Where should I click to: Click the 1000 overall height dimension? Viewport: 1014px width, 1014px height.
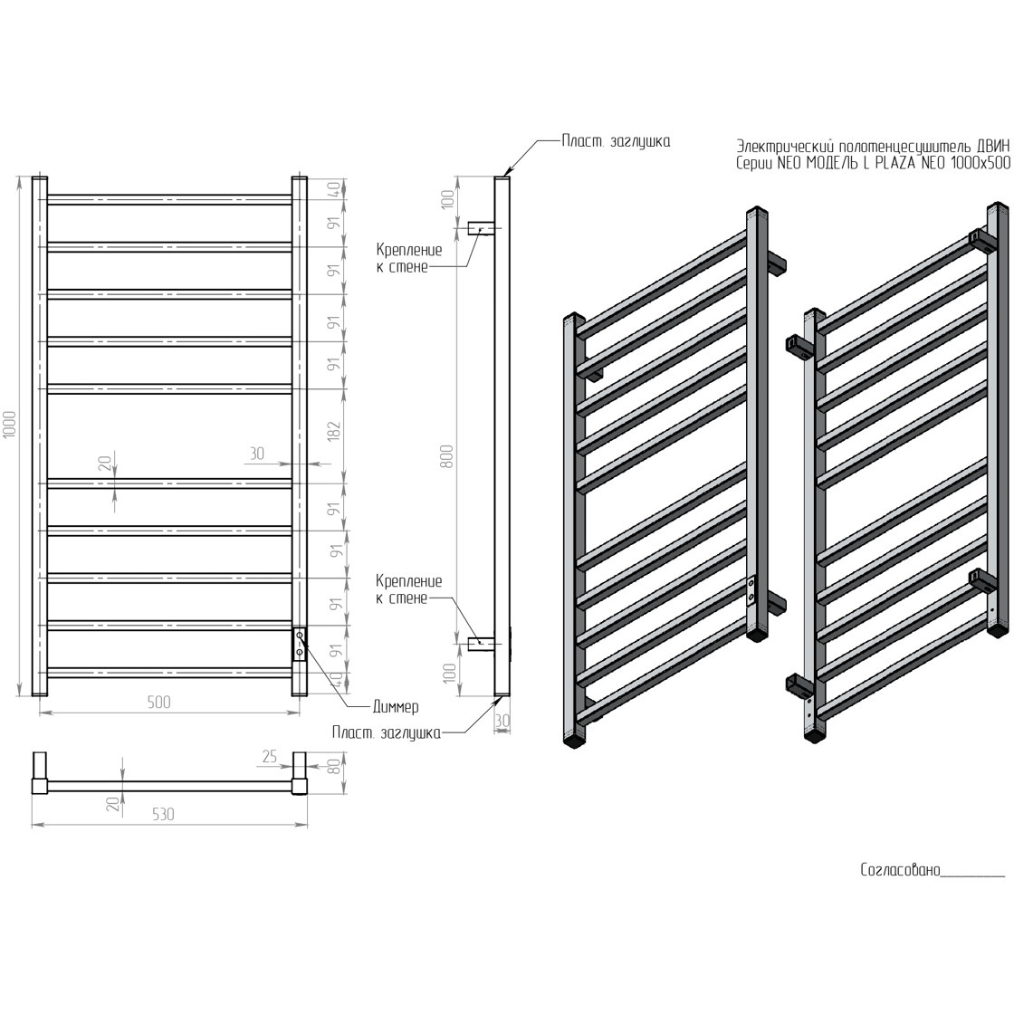[x=10, y=424]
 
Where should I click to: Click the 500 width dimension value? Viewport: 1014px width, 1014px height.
[x=159, y=702]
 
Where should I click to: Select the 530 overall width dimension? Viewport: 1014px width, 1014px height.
[x=164, y=814]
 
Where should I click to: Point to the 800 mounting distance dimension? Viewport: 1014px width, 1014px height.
[x=448, y=457]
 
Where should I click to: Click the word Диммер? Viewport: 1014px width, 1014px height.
[x=396, y=707]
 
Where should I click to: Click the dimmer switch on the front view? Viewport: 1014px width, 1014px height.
[x=300, y=644]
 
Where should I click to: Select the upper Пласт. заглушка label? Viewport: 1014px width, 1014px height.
[x=616, y=141]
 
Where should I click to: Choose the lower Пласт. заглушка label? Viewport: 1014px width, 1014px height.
[x=386, y=732]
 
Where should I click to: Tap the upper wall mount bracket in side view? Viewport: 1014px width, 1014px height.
[x=481, y=227]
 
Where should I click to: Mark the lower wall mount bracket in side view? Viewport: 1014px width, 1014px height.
[x=481, y=644]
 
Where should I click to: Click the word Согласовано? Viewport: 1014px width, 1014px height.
[x=900, y=870]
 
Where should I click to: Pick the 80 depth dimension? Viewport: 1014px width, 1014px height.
[x=334, y=766]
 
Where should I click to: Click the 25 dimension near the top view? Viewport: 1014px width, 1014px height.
[x=270, y=756]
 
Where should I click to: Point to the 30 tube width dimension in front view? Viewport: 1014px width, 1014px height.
[x=257, y=454]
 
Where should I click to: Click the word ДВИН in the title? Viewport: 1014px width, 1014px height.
[x=991, y=146]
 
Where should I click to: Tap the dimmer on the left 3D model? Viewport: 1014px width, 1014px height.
[x=751, y=589]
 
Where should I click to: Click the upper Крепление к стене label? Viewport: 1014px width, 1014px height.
[x=409, y=258]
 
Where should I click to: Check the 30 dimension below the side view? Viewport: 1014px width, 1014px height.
[x=502, y=721]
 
